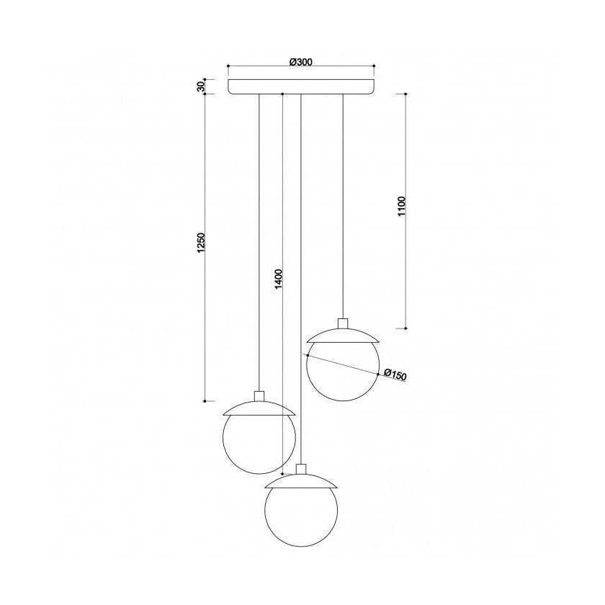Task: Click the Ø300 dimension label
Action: [x=300, y=62]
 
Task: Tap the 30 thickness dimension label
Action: [x=200, y=87]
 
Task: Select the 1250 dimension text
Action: [x=201, y=243]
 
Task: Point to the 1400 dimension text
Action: [x=279, y=279]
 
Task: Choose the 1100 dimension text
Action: [x=402, y=206]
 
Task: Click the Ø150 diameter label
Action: [x=395, y=375]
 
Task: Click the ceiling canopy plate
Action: [x=301, y=86]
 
